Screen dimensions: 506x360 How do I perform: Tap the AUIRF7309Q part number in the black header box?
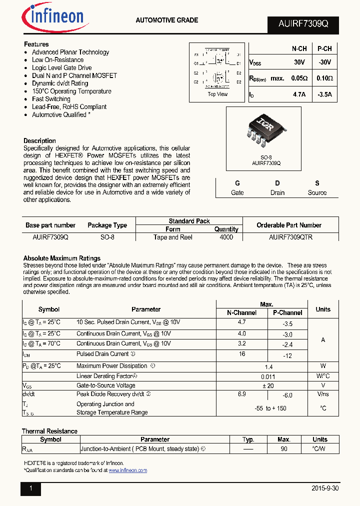[x=301, y=24]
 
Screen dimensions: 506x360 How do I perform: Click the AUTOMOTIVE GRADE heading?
[x=166, y=20]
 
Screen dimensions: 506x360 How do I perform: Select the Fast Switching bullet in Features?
[x=51, y=99]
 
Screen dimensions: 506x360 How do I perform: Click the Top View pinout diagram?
[x=217, y=70]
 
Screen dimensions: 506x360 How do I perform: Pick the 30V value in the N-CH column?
[x=299, y=63]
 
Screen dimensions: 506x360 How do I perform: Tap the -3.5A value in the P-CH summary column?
[x=324, y=94]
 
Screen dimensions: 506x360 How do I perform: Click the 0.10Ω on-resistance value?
[x=324, y=78]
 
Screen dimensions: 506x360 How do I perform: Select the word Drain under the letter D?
[x=277, y=192]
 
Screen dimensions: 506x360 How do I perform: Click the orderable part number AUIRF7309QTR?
[x=290, y=237]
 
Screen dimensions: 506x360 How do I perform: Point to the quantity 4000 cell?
[x=226, y=237]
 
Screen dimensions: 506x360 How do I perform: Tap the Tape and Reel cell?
[x=173, y=237]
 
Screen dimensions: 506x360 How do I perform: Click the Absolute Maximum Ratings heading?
[x=62, y=258]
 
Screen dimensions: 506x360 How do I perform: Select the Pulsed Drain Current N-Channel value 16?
[x=242, y=353]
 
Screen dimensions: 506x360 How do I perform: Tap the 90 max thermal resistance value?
[x=283, y=449]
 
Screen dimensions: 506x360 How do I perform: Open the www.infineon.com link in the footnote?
[x=127, y=470]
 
